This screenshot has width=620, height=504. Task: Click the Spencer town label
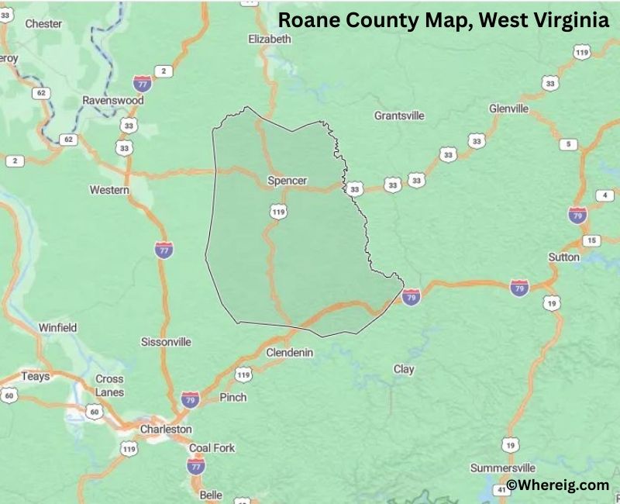point(287,181)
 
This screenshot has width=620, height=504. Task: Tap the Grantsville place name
point(399,116)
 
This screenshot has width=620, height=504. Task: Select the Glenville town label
point(508,109)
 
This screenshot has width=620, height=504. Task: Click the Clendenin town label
point(289,352)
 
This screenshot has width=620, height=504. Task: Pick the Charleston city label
point(166,429)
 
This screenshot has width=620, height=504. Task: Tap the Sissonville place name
point(166,342)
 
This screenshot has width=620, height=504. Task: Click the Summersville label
point(503,468)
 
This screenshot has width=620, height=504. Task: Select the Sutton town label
point(563,257)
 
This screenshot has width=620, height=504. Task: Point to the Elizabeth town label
point(270,39)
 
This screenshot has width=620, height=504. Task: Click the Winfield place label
point(58,328)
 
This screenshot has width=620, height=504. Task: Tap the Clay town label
point(404,370)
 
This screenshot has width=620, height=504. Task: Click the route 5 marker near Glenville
point(568,144)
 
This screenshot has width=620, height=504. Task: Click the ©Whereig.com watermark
point(558,485)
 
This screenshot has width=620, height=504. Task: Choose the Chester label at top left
point(43,23)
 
